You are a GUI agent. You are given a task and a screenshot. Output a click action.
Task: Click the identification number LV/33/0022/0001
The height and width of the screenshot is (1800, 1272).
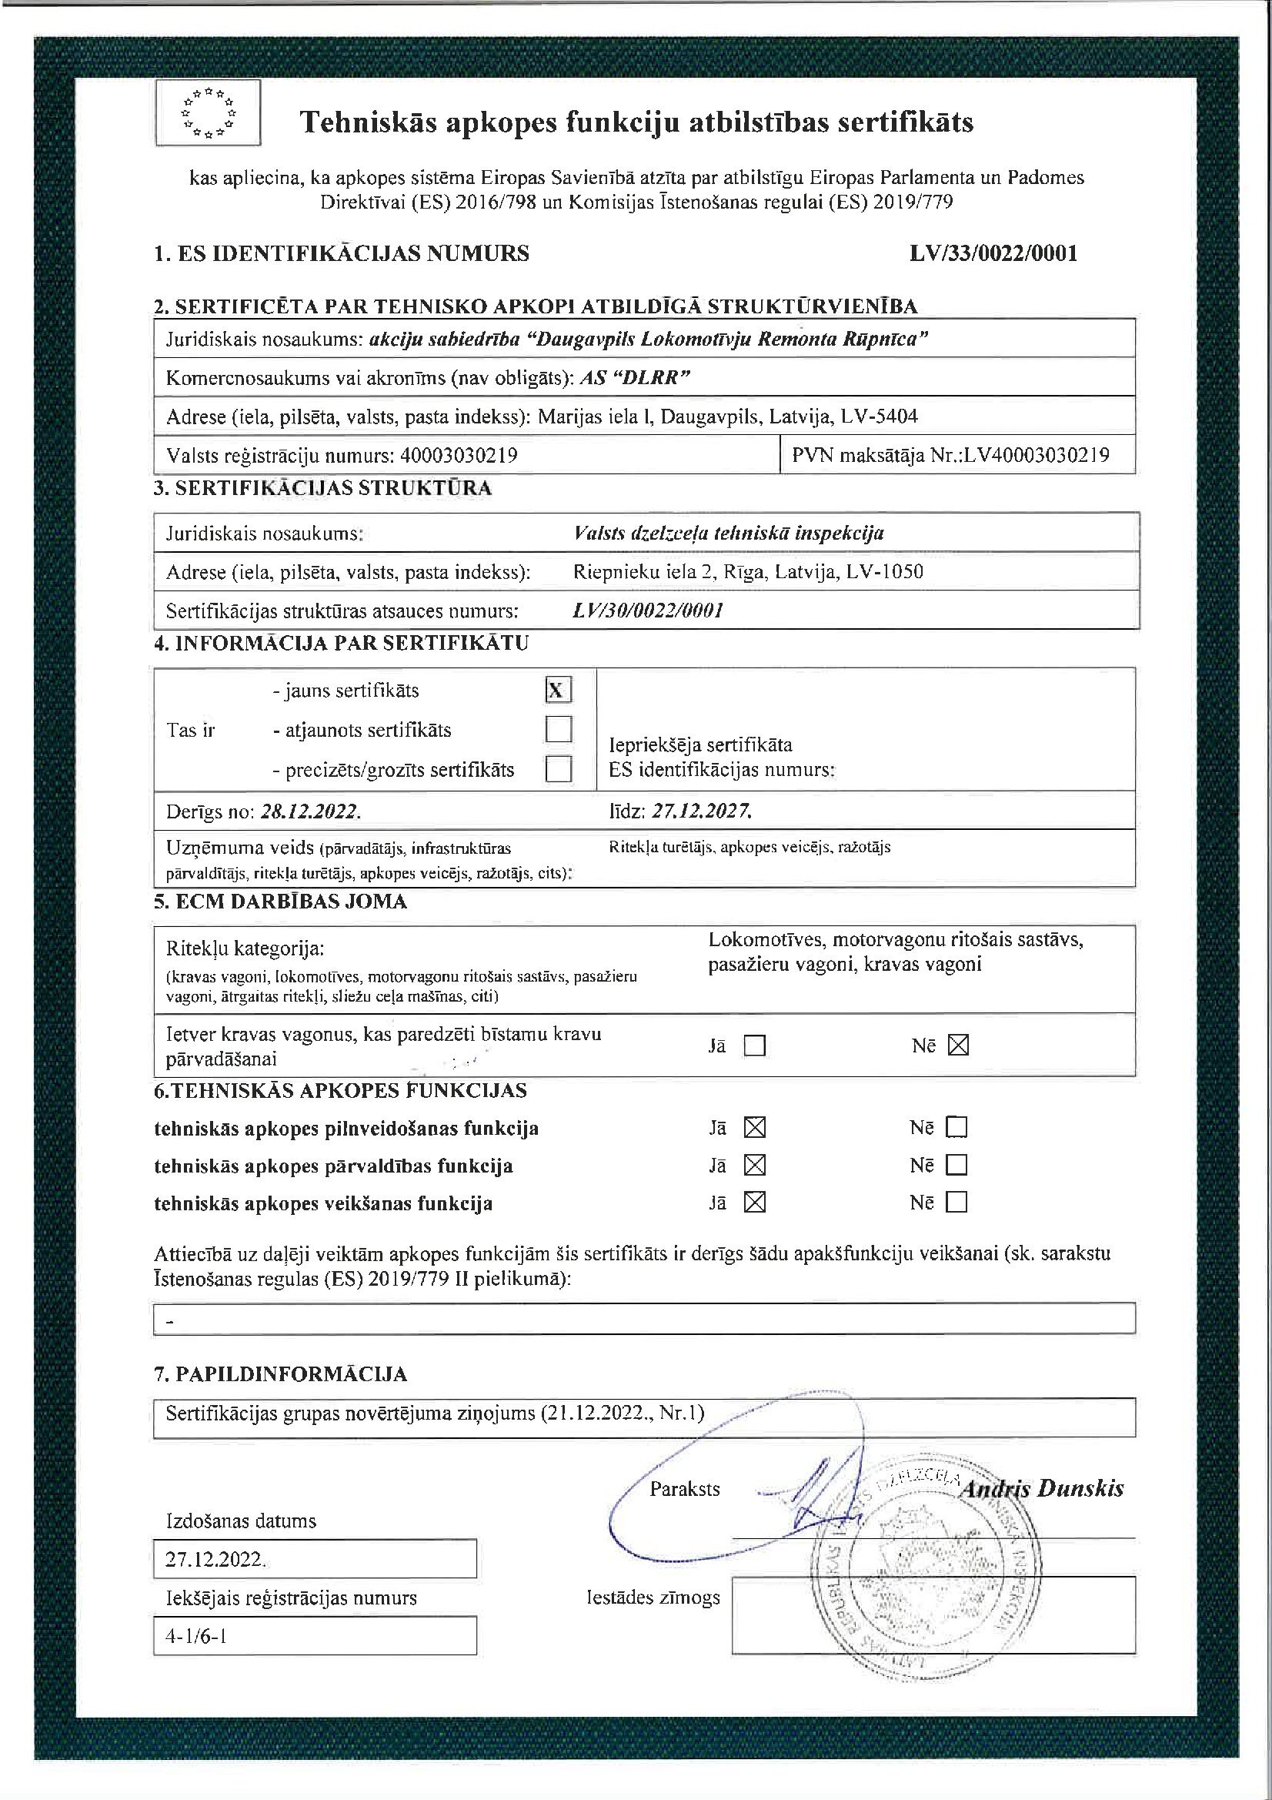point(993,253)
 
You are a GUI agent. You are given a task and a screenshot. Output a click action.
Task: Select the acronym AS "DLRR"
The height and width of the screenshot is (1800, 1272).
point(633,378)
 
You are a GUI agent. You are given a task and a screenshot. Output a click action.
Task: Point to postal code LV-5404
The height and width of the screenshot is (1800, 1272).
point(879,417)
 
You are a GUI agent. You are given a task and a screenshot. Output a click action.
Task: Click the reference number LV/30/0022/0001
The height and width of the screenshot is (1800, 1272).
point(647,610)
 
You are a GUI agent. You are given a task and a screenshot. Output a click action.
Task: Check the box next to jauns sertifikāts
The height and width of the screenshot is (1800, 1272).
point(558,690)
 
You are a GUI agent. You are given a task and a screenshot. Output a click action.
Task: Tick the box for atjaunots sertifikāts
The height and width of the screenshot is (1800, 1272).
point(558,729)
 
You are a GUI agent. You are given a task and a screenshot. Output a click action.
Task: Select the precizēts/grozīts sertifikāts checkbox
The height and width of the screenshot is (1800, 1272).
point(558,769)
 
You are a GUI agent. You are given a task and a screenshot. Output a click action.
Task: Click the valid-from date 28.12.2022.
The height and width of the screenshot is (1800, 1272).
point(310,811)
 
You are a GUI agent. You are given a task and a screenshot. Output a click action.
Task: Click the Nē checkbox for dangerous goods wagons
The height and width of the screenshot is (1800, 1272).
point(958,1045)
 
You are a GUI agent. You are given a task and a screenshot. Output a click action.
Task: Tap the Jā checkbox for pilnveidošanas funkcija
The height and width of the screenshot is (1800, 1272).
point(754,1127)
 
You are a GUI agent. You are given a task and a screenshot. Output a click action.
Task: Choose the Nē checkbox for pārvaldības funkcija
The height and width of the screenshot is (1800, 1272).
point(957,1165)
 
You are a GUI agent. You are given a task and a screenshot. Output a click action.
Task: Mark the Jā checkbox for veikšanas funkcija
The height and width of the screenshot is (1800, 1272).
point(754,1202)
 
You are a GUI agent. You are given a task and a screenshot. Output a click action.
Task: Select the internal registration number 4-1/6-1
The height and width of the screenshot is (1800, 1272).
point(196,1636)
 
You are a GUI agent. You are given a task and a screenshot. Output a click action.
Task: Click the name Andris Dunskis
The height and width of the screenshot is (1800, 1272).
point(1042,1489)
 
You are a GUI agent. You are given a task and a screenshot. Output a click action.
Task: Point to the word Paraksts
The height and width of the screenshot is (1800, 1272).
point(684,1489)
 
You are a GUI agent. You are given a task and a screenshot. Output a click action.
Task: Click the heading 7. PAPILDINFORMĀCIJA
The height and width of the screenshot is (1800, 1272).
point(281,1373)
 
